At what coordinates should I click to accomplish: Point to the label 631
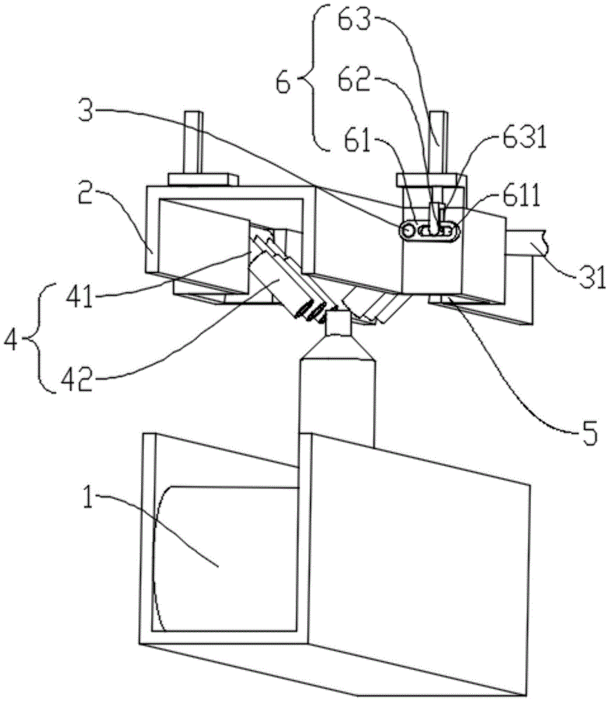[x=525, y=139]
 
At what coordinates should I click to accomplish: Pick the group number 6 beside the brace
[x=283, y=82]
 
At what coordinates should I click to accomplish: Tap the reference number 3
[x=86, y=110]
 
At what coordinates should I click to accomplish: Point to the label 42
[x=77, y=380]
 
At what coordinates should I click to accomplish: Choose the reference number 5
[x=589, y=433]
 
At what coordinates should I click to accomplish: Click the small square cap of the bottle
[x=339, y=324]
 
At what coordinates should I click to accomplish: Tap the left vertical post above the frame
[x=193, y=142]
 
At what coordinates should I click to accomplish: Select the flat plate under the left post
[x=203, y=179]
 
